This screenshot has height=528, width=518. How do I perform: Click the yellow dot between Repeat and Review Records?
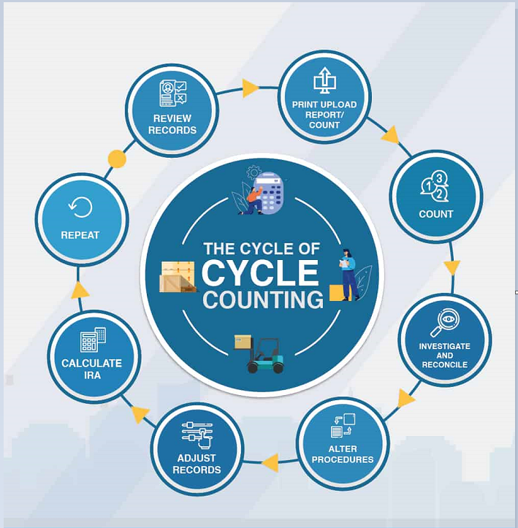pyautogui.click(x=117, y=159)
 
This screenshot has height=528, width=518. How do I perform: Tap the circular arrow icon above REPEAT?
pyautogui.click(x=80, y=207)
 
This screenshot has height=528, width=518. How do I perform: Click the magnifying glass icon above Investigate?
pyautogui.click(x=445, y=323)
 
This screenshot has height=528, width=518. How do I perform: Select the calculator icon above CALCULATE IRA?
pyautogui.click(x=93, y=340)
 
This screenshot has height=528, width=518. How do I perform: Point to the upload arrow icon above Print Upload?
pyautogui.click(x=324, y=80)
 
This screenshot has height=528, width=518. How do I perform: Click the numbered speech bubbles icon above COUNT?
pyautogui.click(x=435, y=186)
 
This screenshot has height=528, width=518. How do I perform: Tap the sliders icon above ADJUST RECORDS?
pyautogui.click(x=197, y=435)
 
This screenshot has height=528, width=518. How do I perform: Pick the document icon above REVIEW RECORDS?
pyautogui.click(x=172, y=93)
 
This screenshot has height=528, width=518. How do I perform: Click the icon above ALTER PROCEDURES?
pyautogui.click(x=343, y=425)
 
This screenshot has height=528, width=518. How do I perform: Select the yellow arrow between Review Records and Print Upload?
pyautogui.click(x=251, y=88)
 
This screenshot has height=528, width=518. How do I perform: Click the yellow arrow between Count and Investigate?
pyautogui.click(x=452, y=268)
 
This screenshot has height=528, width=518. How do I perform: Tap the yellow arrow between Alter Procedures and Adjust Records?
pyautogui.click(x=271, y=463)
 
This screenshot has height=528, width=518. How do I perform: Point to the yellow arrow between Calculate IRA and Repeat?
pyautogui.click(x=80, y=290)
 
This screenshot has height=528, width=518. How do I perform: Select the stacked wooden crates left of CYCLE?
pyautogui.click(x=178, y=277)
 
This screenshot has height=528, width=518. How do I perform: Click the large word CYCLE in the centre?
pyautogui.click(x=260, y=272)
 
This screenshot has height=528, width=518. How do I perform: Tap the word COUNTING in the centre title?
pyautogui.click(x=263, y=299)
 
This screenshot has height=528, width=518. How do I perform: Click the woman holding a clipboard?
pyautogui.click(x=348, y=275)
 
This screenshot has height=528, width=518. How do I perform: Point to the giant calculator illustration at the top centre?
pyautogui.click(x=268, y=193)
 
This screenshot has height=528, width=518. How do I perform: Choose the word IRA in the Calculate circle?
pyautogui.click(x=92, y=375)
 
